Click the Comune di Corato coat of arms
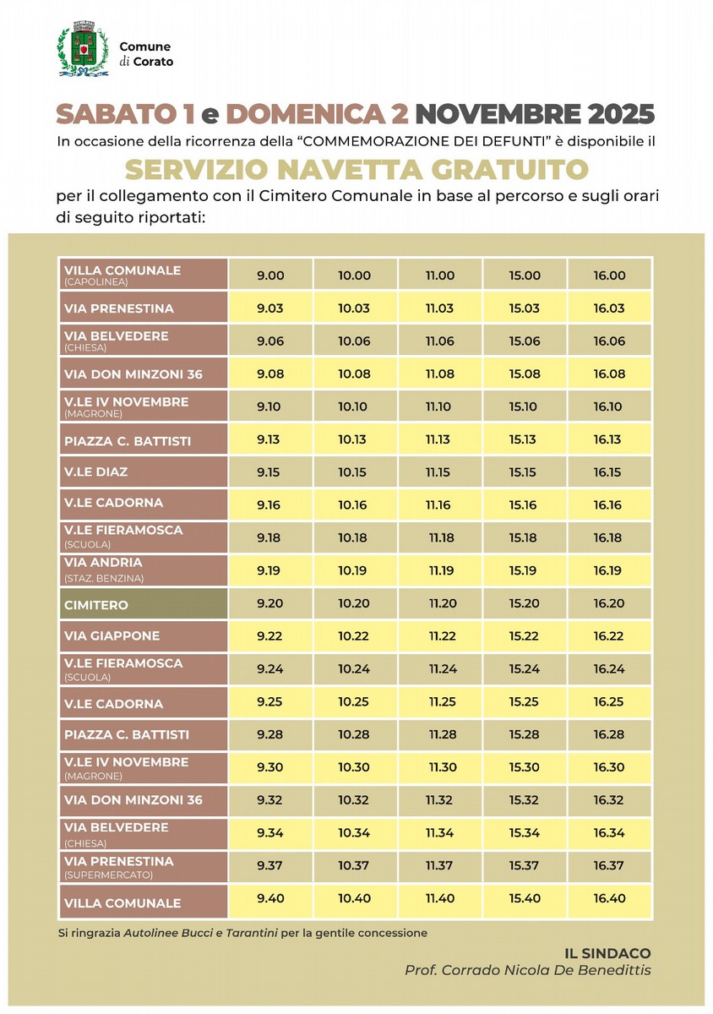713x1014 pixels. (82, 51)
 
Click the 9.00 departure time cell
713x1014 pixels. (269, 275)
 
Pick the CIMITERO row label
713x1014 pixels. (96, 605)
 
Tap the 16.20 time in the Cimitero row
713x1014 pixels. (608, 603)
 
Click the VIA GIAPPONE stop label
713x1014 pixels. (112, 635)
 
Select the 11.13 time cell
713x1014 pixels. (438, 439)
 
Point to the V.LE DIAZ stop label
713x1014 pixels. (96, 472)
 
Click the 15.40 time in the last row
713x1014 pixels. (525, 898)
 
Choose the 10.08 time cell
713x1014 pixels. (354, 373)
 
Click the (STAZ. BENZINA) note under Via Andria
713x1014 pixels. (103, 578)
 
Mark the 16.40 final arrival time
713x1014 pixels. (608, 898)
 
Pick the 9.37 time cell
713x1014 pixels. (269, 865)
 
